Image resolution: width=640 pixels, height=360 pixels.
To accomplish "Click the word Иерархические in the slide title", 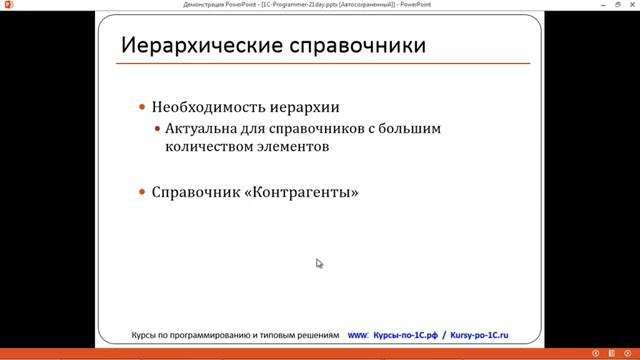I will (x=189, y=46).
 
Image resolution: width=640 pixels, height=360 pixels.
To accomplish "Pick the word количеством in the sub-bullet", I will (x=206, y=146).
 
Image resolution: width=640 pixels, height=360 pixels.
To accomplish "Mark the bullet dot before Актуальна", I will (x=157, y=129).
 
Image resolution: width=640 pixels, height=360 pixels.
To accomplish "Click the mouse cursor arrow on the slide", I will (x=319, y=263).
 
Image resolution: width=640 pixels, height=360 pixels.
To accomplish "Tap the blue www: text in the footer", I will (x=358, y=335).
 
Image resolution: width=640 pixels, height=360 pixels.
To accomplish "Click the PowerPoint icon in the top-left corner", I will (x=7, y=5).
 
